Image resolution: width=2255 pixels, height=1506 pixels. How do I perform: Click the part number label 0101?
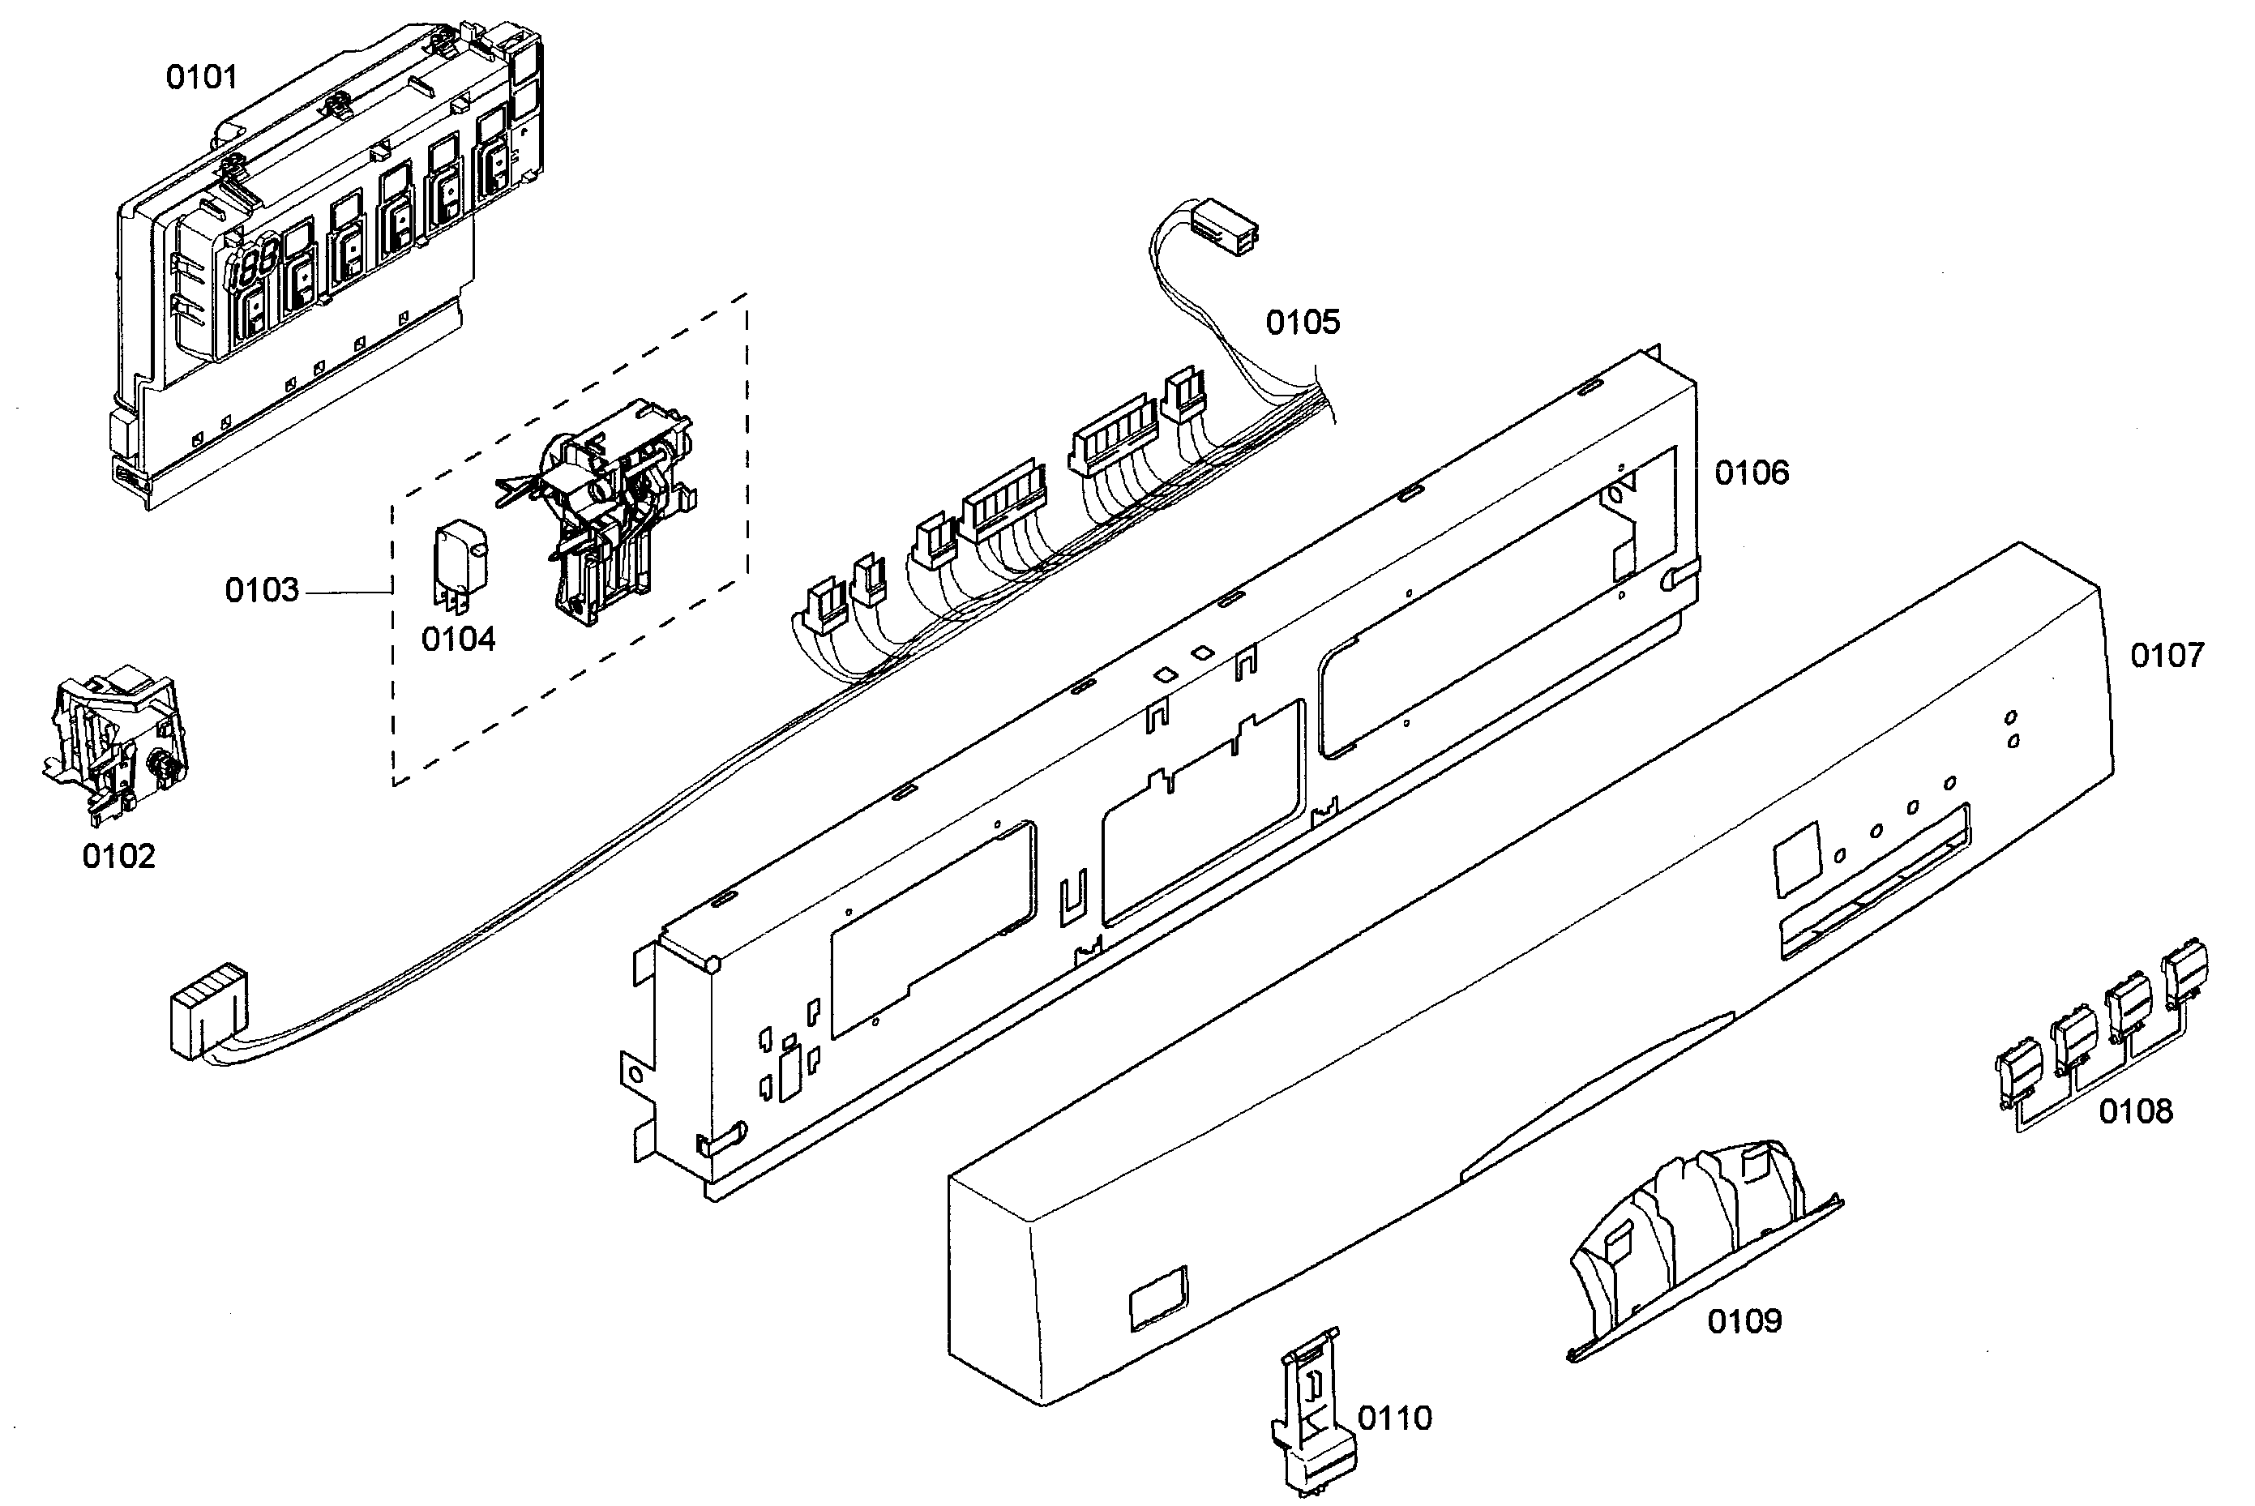point(201,77)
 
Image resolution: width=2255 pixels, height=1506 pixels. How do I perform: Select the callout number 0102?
point(118,856)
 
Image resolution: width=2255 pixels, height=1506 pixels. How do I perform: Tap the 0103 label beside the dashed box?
point(261,590)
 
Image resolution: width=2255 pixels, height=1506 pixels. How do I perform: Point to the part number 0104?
point(458,639)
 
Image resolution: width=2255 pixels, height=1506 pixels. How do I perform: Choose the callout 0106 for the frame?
point(1751,473)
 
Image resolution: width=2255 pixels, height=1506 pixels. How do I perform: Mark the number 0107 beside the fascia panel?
point(2167,656)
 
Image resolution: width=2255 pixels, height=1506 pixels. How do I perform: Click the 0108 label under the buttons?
point(2134,1111)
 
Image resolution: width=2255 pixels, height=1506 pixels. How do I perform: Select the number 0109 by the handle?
point(1743,1321)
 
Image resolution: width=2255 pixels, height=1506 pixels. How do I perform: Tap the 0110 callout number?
point(1393,1418)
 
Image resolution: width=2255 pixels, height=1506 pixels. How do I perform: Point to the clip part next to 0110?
point(1311,1412)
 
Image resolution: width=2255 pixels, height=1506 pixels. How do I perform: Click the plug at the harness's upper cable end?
point(1222,227)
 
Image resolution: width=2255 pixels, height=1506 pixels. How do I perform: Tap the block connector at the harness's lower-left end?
point(207,1011)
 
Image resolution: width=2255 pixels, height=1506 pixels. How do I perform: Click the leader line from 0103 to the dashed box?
point(346,593)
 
